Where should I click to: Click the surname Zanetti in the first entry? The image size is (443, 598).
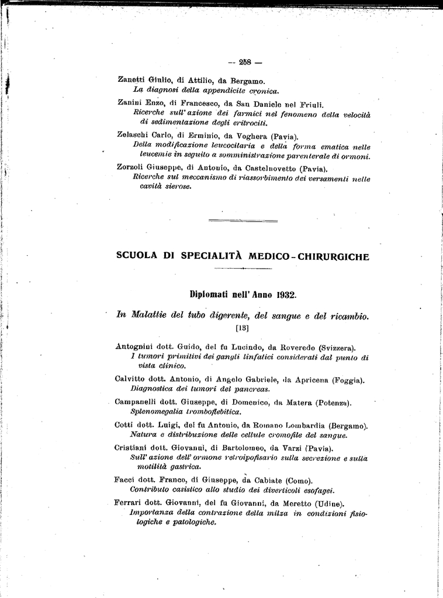[131, 80]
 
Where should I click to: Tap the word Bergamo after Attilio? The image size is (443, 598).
[250, 80]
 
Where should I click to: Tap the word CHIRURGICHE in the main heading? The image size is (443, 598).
[335, 256]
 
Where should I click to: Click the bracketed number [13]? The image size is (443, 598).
[242, 328]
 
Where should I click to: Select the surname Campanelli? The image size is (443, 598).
[137, 402]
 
